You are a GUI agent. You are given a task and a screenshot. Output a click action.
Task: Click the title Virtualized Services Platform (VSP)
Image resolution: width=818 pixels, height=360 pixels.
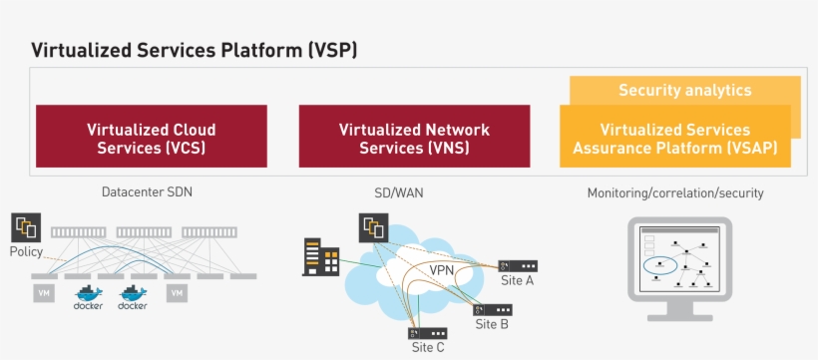click(194, 49)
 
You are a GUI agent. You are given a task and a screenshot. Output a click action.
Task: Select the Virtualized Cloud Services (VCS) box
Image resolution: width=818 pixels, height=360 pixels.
click(151, 138)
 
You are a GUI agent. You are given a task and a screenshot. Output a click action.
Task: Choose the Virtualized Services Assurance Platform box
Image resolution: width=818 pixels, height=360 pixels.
click(674, 139)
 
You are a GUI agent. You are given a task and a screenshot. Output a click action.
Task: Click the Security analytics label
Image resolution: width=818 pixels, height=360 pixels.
click(684, 90)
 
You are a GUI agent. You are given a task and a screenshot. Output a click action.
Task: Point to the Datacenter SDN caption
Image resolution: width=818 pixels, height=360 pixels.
click(147, 191)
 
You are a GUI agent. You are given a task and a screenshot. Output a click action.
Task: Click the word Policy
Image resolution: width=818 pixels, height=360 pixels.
click(26, 251)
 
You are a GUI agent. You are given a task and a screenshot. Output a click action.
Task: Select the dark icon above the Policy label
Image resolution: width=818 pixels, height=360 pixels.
click(26, 227)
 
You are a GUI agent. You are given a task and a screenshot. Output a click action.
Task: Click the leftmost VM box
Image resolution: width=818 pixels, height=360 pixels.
click(44, 293)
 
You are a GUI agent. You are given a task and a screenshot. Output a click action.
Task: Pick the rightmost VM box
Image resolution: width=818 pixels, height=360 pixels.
click(177, 293)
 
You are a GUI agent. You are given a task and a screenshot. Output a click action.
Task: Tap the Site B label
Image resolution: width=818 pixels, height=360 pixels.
click(492, 324)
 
